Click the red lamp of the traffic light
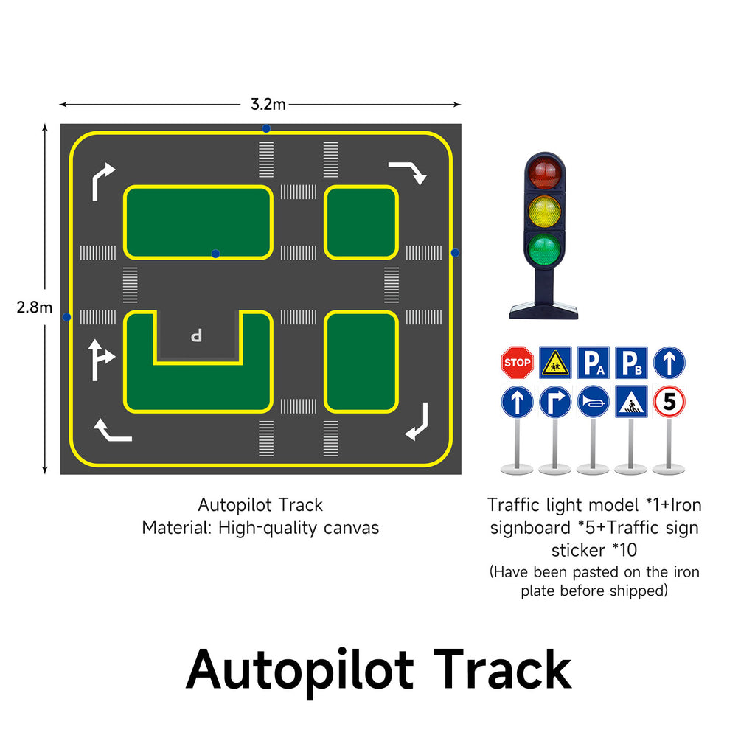coord(545,173)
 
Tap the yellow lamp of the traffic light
coord(545,212)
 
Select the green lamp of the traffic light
coord(545,250)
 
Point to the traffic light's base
coord(543,310)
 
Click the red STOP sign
coord(517,363)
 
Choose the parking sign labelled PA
coord(593,363)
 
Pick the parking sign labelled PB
coord(631,363)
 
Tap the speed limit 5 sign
coord(669,402)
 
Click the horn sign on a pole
coord(593,402)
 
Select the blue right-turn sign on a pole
coord(555,402)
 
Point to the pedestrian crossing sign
coord(631,402)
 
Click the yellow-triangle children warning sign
coord(555,363)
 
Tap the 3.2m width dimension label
coord(262,104)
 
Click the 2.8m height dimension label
coord(35,307)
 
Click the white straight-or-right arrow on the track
coord(100,359)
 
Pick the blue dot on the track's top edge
coord(266,128)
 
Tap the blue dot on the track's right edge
coord(455,253)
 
